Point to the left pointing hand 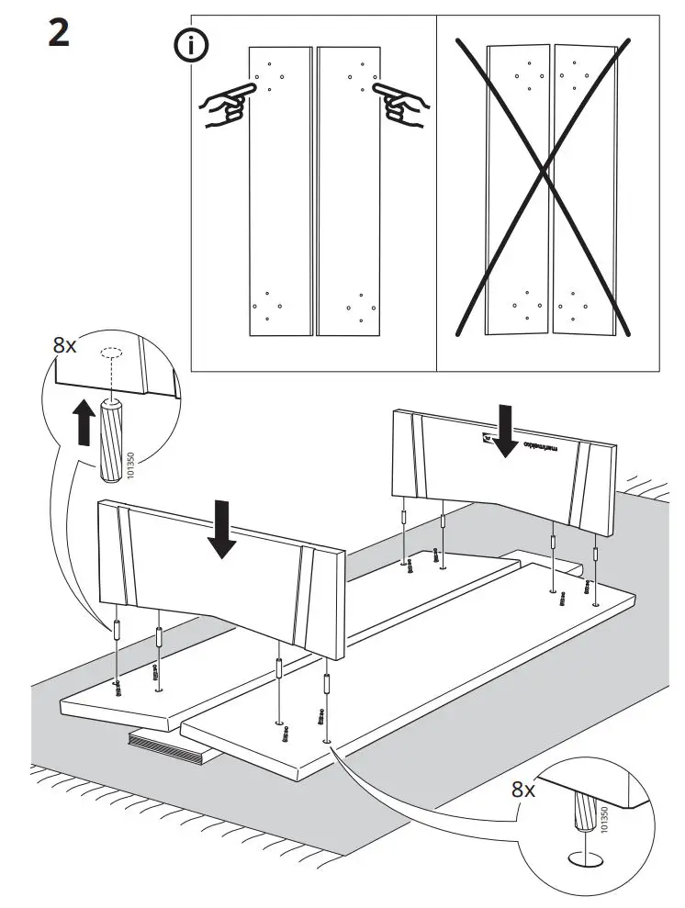click(x=222, y=104)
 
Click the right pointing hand click(x=403, y=105)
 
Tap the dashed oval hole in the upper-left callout click(x=110, y=352)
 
